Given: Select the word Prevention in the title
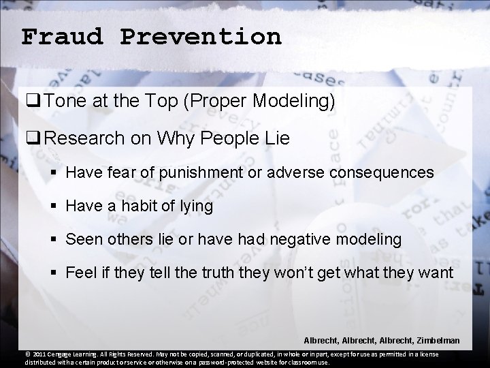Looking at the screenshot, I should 201,36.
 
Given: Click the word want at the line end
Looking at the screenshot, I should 437,273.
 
